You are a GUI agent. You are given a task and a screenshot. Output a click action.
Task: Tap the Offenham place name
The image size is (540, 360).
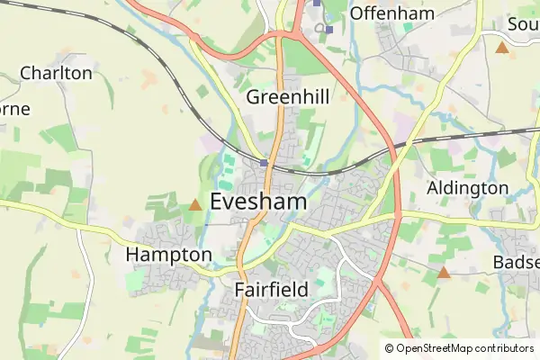click(392, 13)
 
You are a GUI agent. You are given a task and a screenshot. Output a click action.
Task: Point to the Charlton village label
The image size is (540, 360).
click(56, 73)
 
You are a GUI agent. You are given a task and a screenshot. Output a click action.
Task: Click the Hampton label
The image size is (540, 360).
click(168, 256)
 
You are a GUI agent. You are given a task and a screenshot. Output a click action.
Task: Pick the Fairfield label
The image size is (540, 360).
click(271, 290)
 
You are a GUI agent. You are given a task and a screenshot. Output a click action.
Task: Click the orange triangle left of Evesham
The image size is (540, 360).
click(195, 205)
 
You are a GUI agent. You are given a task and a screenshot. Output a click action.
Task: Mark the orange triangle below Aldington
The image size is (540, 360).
click(444, 272)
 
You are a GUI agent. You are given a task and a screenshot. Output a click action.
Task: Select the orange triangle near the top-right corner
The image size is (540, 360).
click(502, 47)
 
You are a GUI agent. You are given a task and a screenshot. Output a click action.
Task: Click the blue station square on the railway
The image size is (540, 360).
click(264, 163)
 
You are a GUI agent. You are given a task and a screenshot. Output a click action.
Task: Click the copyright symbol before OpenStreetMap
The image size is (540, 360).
click(389, 348)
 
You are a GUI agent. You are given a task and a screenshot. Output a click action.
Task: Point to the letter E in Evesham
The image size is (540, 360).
click(217, 202)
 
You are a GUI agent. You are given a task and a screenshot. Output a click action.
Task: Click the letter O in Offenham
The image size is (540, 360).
click(357, 13)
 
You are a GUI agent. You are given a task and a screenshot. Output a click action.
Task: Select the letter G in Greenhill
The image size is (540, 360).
click(254, 96)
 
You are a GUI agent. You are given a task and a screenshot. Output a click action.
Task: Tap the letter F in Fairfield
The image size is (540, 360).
click(238, 290)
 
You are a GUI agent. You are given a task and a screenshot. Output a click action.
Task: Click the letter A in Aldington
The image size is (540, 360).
click(433, 188)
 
